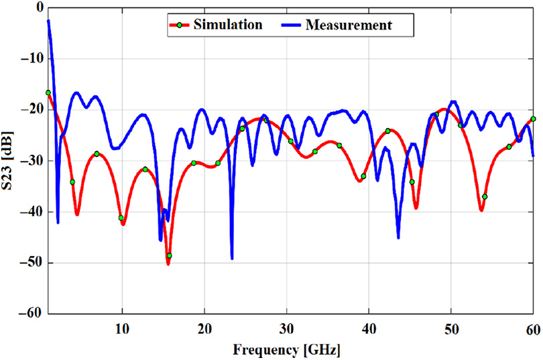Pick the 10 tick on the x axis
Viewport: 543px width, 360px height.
[122, 328]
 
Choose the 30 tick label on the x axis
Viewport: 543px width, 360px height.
[286, 328]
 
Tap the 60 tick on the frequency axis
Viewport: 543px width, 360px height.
[532, 328]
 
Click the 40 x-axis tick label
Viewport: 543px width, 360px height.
[369, 328]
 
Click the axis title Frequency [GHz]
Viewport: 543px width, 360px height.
[286, 349]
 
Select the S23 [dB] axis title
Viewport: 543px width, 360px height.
[9, 161]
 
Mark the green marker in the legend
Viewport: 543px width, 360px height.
[180, 25]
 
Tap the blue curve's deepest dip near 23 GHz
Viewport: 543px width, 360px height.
[232, 258]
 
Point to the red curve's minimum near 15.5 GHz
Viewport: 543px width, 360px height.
[168, 263]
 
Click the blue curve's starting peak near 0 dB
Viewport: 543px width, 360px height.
[48, 21]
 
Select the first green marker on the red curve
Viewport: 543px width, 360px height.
[48, 93]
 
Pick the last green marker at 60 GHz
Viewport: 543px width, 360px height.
[533, 119]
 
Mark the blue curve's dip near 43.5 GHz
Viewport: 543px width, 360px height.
[398, 237]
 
